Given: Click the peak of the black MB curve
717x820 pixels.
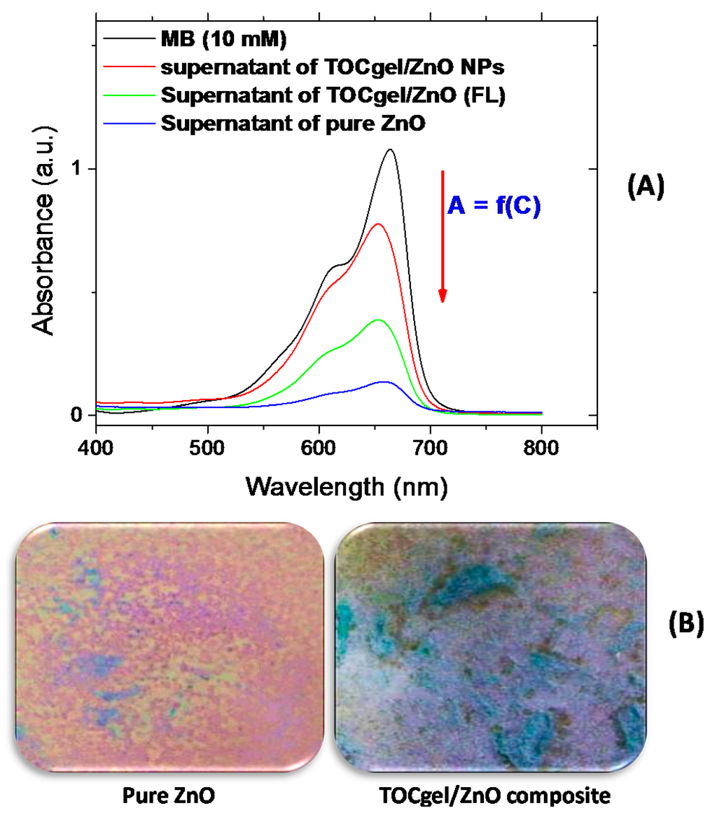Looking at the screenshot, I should click(390, 149).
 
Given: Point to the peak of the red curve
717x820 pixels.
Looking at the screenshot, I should click(379, 224).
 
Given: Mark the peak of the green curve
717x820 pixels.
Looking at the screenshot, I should click(379, 320).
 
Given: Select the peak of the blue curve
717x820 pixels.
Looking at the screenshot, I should click(383, 382).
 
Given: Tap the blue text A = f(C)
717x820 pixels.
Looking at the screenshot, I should click(494, 207).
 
